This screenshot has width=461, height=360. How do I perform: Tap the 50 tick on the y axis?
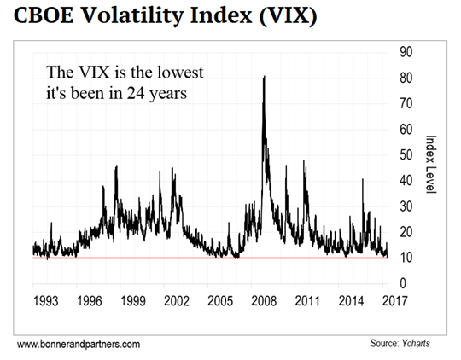(x=407, y=156)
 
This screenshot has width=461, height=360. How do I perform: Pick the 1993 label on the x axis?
(x=44, y=301)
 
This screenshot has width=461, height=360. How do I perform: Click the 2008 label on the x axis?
(x=264, y=301)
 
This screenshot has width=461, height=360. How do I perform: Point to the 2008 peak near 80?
(x=263, y=78)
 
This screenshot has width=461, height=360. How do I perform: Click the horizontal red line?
(x=213, y=258)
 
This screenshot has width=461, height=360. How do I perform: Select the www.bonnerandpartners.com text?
(x=79, y=343)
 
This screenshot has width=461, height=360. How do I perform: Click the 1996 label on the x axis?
(x=88, y=301)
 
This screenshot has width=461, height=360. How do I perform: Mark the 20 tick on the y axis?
(x=407, y=233)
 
